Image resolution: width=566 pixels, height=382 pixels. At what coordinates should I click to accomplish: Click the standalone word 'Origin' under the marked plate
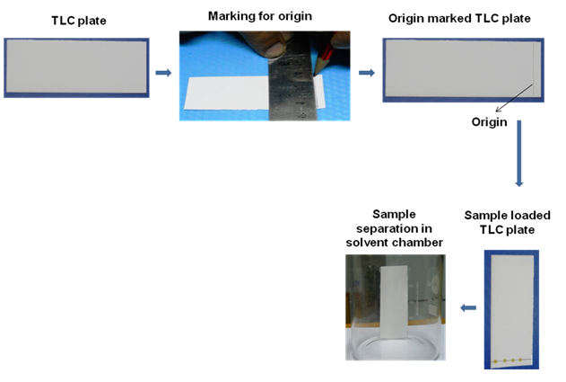click(491, 119)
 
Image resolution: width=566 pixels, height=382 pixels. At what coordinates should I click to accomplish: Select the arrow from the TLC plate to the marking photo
click(162, 72)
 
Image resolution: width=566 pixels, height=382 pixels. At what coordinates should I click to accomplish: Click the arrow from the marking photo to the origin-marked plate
click(366, 72)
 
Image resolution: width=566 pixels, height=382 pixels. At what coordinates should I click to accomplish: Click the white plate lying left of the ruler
click(224, 94)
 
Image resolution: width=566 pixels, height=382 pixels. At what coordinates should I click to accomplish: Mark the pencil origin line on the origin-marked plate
click(533, 68)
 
